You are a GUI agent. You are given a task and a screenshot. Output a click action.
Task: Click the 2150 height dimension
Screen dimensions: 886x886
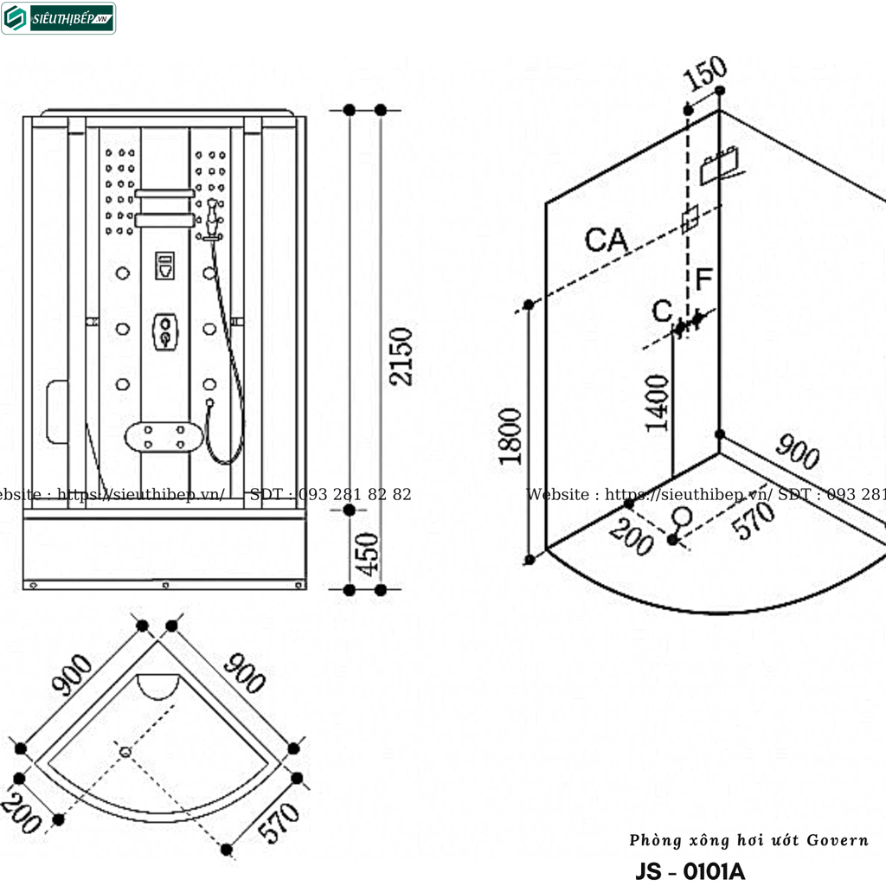401,356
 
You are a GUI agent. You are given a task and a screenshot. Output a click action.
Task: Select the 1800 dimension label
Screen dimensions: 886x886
510,436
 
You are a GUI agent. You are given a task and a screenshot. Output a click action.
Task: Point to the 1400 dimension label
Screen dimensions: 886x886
658,402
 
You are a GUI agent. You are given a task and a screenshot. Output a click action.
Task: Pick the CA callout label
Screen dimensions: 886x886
606,240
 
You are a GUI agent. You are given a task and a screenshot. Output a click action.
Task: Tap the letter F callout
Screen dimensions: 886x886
704,279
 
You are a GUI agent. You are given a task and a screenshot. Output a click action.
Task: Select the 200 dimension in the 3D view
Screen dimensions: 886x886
631,537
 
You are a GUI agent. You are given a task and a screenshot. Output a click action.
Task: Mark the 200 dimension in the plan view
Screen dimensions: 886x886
21,813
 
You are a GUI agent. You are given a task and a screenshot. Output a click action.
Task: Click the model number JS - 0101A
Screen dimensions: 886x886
690,870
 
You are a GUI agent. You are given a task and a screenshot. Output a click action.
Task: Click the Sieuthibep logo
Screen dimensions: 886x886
59,18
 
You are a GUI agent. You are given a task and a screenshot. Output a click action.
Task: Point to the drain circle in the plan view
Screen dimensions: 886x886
125,752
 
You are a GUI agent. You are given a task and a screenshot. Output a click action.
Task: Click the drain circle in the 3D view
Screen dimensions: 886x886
682,517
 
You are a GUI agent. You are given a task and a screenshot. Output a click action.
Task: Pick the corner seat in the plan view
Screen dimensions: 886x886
158,685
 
